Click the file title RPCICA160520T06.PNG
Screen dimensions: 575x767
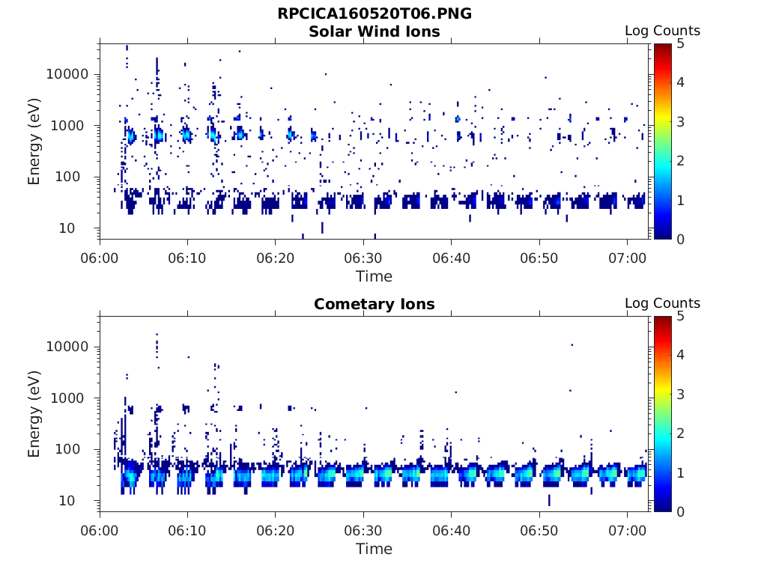(375, 14)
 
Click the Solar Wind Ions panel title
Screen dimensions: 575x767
(375, 31)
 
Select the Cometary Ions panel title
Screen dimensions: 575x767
(375, 304)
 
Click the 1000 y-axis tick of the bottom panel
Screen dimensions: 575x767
(72, 398)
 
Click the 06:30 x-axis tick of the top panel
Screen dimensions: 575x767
(363, 258)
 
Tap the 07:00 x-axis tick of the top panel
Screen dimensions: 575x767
(627, 258)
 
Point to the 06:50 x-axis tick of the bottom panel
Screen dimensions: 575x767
(539, 531)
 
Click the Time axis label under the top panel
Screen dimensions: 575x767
(375, 276)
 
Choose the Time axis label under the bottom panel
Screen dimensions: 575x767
(375, 549)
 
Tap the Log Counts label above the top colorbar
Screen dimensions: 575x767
(662, 31)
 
